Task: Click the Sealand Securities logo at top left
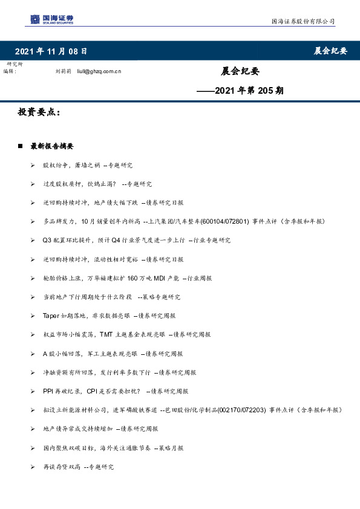point(52,20)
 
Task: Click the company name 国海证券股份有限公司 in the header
point(302,22)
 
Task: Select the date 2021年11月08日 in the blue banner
point(51,51)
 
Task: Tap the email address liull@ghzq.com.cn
point(99,71)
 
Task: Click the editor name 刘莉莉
point(64,71)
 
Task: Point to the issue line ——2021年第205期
point(241,91)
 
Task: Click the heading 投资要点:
point(39,112)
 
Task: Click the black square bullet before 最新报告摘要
point(21,146)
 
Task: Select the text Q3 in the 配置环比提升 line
point(47,241)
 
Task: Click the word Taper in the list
point(50,316)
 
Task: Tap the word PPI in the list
point(48,391)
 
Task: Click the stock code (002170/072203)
point(244,410)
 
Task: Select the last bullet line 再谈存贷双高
point(78,467)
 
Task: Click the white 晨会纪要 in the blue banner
point(330,51)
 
